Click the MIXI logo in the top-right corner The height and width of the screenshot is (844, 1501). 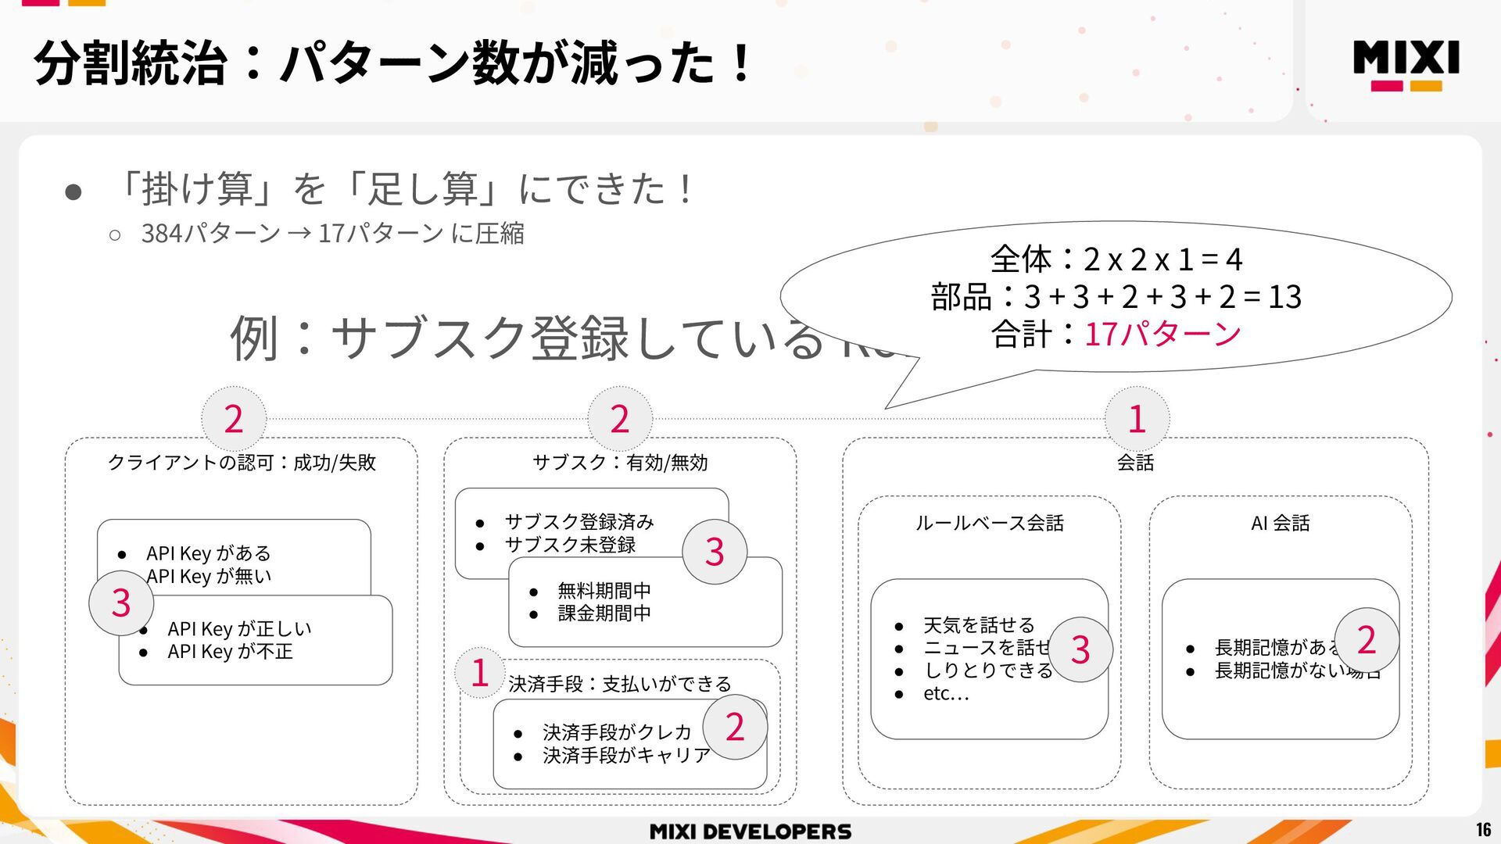point(1406,65)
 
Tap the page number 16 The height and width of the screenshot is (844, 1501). point(1483,830)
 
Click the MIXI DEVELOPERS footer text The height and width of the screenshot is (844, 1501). point(750,831)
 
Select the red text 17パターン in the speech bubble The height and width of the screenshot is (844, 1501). point(1162,334)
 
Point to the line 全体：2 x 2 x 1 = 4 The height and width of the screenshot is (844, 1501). point(1116,259)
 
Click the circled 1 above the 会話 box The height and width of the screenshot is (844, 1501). point(1137,419)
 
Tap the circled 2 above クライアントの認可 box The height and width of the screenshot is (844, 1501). point(233,419)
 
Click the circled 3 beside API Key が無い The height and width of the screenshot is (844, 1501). point(121,603)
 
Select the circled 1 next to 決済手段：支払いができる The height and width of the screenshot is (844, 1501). point(480,673)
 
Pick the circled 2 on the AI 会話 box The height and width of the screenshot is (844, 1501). point(1366,640)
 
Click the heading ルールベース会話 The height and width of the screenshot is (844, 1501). point(989,523)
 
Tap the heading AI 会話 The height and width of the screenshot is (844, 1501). point(1280,523)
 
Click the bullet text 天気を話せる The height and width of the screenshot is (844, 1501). point(979,625)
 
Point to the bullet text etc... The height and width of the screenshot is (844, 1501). point(946,693)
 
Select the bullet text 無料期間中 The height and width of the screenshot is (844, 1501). point(604,591)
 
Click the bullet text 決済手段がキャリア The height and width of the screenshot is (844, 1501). point(626,756)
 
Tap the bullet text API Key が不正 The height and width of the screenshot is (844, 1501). point(230,652)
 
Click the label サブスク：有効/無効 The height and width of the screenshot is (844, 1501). point(620,463)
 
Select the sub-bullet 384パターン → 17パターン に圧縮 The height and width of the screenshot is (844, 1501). point(332,234)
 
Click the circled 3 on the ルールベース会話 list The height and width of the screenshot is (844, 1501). point(1080,649)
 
